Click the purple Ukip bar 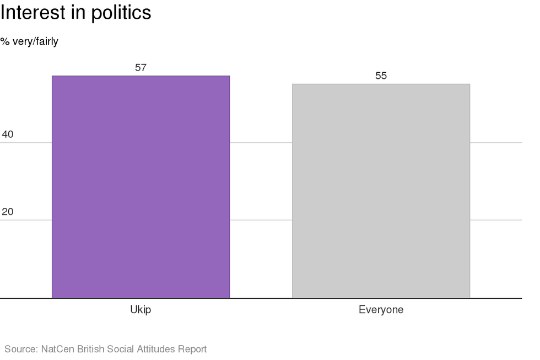pos(141,187)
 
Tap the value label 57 pos(141,68)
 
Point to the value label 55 pos(381,76)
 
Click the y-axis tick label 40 pos(8,135)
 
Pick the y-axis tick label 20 pos(8,212)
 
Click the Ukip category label pos(141,310)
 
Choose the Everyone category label pos(381,310)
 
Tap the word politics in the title pos(121,13)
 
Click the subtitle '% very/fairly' pos(29,41)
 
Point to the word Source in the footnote pos(20,349)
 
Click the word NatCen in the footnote pos(57,349)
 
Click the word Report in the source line pos(193,349)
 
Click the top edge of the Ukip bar pos(141,76)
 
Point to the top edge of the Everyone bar pos(381,84)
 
